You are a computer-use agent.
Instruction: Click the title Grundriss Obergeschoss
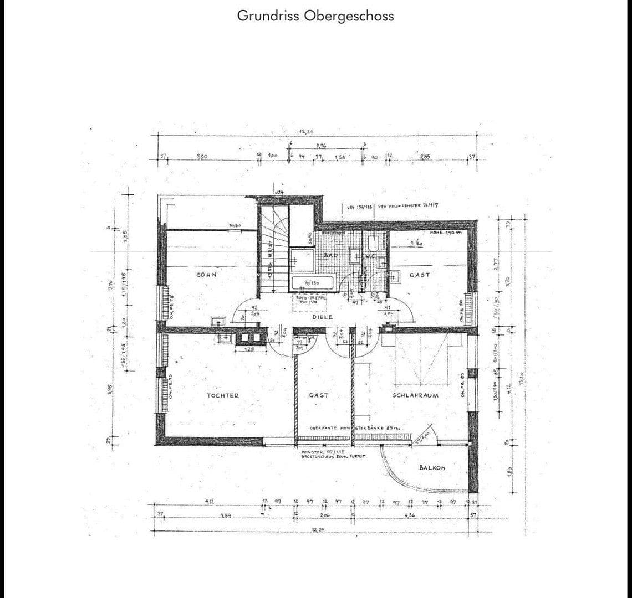(x=315, y=16)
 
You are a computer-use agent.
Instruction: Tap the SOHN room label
(x=206, y=274)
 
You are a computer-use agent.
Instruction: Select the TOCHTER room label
(x=222, y=395)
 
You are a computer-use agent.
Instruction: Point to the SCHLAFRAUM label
(x=415, y=395)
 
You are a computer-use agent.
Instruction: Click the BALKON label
(x=432, y=468)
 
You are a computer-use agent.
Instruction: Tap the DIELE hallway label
(x=322, y=317)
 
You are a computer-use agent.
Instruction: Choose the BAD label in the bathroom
(x=331, y=255)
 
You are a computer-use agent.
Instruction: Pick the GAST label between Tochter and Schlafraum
(x=319, y=395)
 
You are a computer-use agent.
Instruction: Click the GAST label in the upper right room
(x=419, y=275)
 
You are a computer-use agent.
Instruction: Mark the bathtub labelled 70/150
(x=311, y=282)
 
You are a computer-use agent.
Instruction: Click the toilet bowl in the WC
(x=374, y=243)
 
